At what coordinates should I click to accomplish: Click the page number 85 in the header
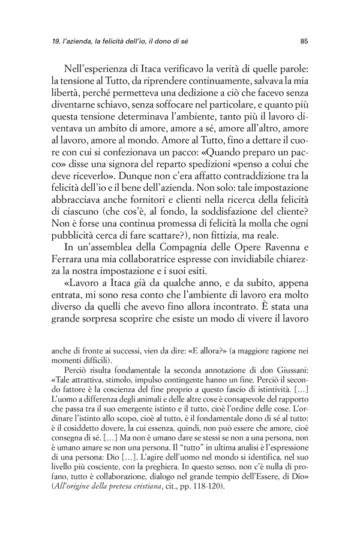(304, 41)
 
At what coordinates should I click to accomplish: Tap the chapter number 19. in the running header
(58, 41)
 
